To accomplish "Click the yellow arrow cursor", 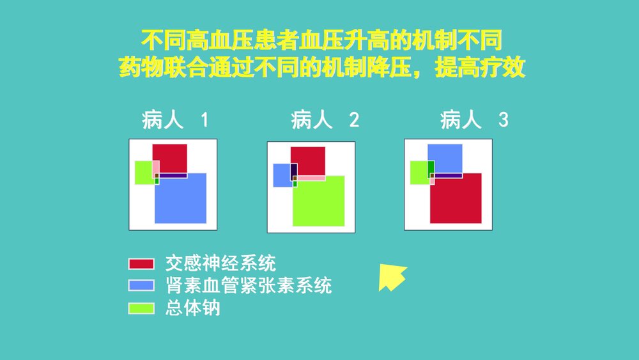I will [390, 277].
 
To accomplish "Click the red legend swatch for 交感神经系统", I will [141, 263].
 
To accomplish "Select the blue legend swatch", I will [141, 285].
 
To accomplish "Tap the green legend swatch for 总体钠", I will [141, 308].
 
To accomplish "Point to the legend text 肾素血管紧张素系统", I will [249, 285].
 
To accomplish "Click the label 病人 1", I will [174, 120].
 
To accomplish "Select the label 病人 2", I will [325, 120].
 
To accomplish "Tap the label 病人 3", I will [474, 120].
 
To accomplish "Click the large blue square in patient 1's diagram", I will [181, 201].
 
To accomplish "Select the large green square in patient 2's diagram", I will [319, 203].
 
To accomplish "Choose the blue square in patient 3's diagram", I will [445, 157].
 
